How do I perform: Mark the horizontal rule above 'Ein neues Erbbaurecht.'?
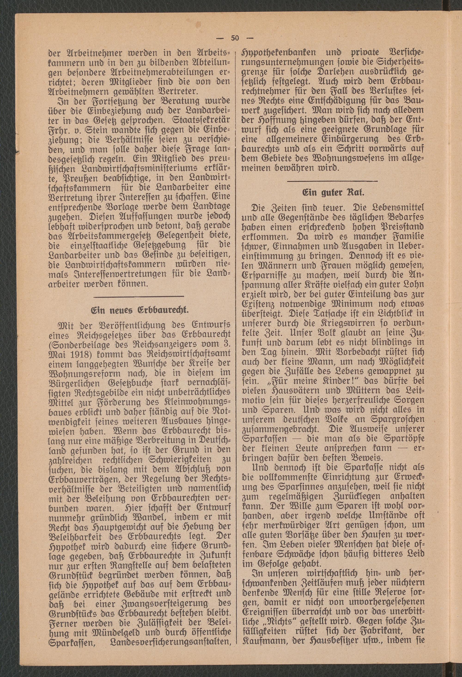140,297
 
